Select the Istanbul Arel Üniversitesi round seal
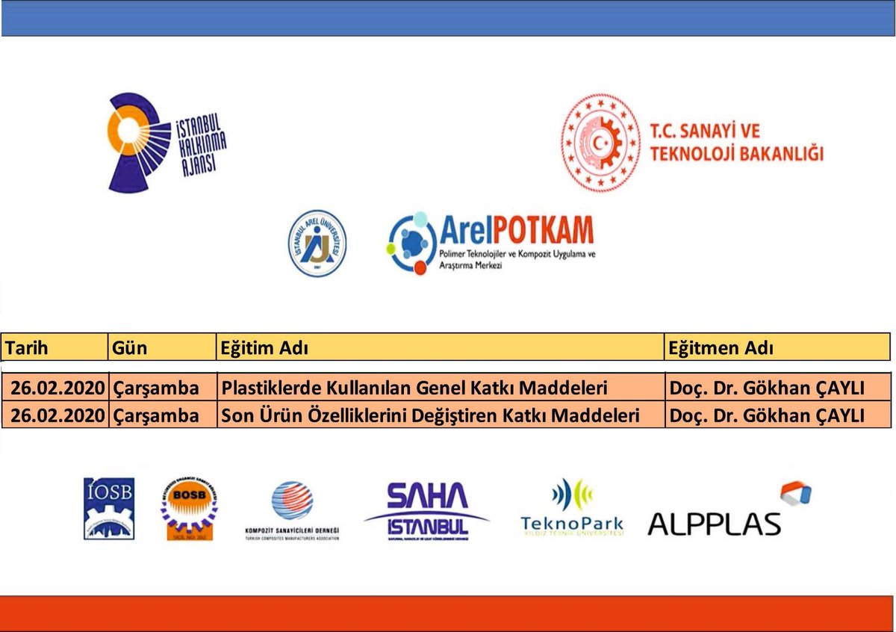(x=317, y=243)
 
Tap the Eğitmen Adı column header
(x=721, y=348)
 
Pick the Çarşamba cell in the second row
(x=157, y=415)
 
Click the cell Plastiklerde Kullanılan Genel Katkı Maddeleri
(x=414, y=388)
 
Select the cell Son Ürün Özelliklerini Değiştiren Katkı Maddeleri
(x=430, y=415)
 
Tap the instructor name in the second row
(x=767, y=415)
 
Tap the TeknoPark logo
(x=572, y=508)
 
